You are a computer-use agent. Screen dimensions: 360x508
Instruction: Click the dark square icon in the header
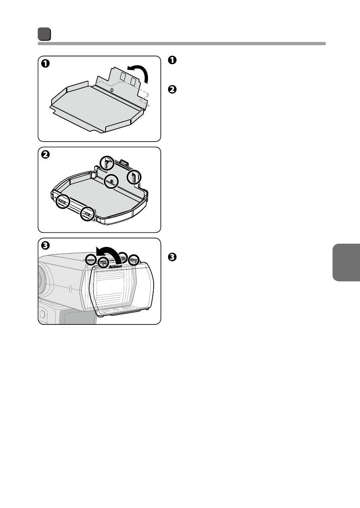(44, 34)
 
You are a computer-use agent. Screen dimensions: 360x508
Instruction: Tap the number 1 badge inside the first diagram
(45, 64)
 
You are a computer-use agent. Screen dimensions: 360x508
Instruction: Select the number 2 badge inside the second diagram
(45, 155)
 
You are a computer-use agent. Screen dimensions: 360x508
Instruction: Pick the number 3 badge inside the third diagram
(45, 246)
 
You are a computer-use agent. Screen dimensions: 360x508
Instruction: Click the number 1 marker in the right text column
(172, 60)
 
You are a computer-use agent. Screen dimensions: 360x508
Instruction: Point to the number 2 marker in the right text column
(172, 89)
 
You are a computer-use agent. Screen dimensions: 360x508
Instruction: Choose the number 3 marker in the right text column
(172, 257)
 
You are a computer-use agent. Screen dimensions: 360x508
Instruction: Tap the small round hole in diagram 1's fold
(112, 90)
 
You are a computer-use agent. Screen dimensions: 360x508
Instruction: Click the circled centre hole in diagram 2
(111, 181)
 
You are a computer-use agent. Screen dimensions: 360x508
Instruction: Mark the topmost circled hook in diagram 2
(107, 163)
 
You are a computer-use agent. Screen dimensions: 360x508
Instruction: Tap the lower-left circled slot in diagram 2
(63, 201)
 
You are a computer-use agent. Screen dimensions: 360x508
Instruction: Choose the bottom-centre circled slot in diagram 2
(87, 213)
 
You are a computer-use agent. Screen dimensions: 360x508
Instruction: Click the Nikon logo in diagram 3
(115, 266)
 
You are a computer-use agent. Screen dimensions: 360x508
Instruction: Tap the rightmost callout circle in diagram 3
(134, 260)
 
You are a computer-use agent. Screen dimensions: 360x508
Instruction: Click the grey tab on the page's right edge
(346, 262)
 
